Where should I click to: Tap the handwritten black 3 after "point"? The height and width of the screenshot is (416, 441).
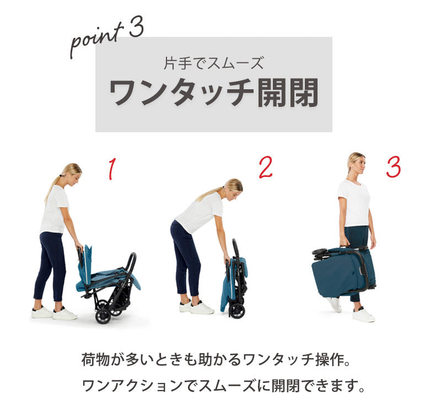click(x=137, y=26)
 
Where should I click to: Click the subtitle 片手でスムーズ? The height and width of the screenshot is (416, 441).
click(x=214, y=63)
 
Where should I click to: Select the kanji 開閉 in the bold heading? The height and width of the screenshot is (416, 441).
click(x=288, y=93)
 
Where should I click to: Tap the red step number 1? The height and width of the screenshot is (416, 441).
click(x=112, y=169)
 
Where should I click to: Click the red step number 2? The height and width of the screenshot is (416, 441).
click(x=265, y=168)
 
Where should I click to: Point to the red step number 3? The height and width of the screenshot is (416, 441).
click(x=393, y=167)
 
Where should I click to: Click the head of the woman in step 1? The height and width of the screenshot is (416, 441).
click(x=72, y=173)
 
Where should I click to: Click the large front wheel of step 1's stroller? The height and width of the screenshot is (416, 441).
click(x=103, y=316)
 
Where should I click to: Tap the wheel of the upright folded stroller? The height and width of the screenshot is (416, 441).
click(x=237, y=311)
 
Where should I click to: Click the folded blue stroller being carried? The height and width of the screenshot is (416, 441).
click(x=343, y=271)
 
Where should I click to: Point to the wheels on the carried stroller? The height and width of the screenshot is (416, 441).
click(x=320, y=253)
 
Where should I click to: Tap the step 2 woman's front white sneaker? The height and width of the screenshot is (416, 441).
click(x=201, y=309)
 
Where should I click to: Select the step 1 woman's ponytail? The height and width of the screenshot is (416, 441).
click(x=52, y=186)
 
